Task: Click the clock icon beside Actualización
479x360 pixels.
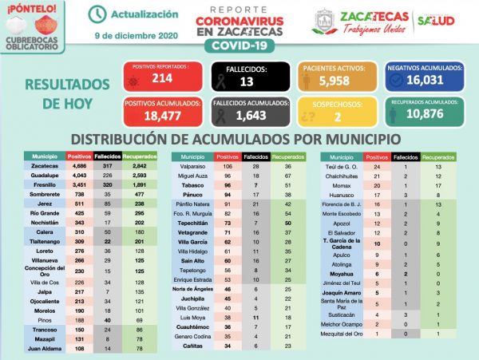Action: pos(97,14)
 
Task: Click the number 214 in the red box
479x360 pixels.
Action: pos(162,78)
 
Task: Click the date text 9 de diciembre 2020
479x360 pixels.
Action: pos(133,36)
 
